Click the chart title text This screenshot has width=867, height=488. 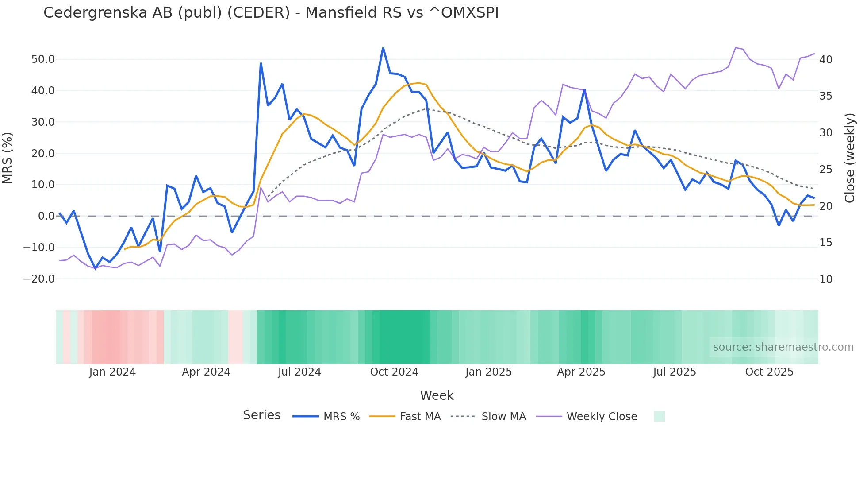tap(271, 13)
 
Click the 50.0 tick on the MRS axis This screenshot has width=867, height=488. tap(43, 59)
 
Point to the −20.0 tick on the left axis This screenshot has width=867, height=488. tap(39, 279)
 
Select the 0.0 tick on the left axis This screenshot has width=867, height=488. tap(46, 216)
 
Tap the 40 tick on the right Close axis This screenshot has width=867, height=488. tap(826, 59)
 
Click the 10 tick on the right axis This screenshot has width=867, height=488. tap(826, 279)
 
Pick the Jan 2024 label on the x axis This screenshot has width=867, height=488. tap(112, 372)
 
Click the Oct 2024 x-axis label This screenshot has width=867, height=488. tap(394, 372)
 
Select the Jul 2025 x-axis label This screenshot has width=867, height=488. tap(675, 372)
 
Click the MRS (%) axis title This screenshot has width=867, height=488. tap(8, 158)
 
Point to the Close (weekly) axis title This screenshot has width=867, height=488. tap(850, 158)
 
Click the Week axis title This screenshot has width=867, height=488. tap(437, 395)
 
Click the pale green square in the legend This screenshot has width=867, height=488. tap(659, 416)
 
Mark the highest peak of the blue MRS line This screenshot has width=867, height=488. tap(383, 48)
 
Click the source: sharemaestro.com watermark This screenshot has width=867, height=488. tap(783, 347)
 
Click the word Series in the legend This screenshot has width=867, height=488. tap(261, 415)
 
